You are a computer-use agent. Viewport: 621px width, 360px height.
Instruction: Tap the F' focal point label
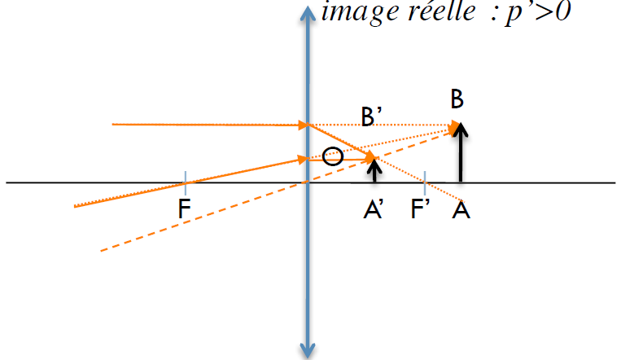[421, 212]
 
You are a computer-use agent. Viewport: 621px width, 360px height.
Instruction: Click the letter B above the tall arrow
[457, 100]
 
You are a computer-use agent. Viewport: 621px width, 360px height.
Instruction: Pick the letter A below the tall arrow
[462, 211]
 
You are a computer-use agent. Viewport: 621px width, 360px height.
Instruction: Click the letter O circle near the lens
[332, 156]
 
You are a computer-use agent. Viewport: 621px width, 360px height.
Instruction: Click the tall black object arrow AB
[461, 155]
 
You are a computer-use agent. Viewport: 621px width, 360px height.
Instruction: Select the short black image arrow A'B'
[374, 170]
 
